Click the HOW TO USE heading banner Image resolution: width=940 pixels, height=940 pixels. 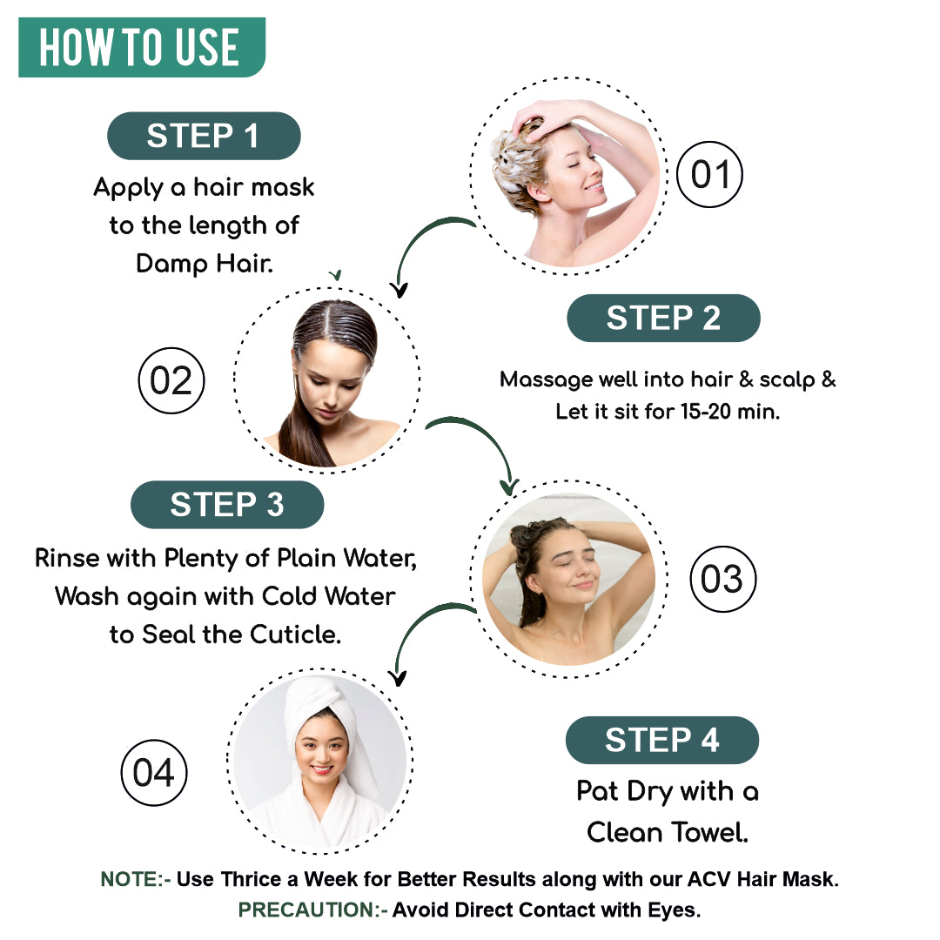pyautogui.click(x=140, y=47)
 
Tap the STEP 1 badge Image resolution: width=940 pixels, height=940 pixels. pyautogui.click(x=203, y=136)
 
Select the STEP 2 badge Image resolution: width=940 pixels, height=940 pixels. pyautogui.click(x=663, y=318)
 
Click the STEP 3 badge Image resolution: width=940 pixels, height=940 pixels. pyautogui.click(x=226, y=505)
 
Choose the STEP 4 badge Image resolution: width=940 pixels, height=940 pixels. pyautogui.click(x=661, y=740)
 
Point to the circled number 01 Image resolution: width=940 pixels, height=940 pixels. pyautogui.click(x=709, y=175)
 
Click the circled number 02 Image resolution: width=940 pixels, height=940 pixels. pyautogui.click(x=171, y=381)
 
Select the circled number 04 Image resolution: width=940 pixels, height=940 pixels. pyautogui.click(x=153, y=773)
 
